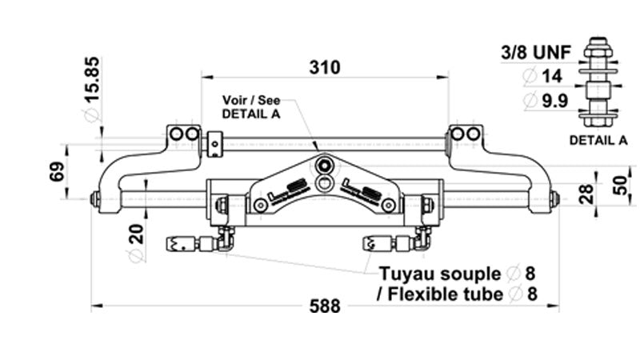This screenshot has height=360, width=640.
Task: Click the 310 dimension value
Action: point(325,67)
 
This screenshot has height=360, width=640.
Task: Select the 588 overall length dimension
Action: point(325,306)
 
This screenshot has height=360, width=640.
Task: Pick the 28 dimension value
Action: point(589,193)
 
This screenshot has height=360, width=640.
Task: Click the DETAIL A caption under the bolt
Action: point(598,141)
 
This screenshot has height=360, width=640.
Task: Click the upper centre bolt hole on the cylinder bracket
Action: point(324,166)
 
